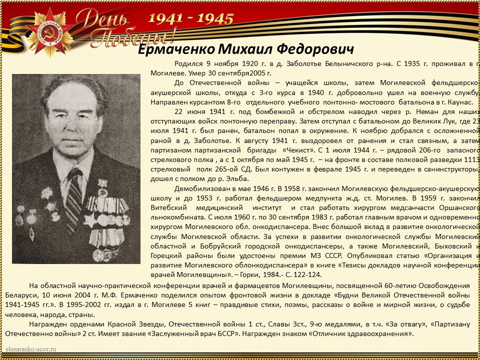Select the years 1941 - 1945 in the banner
coord(190,19)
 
